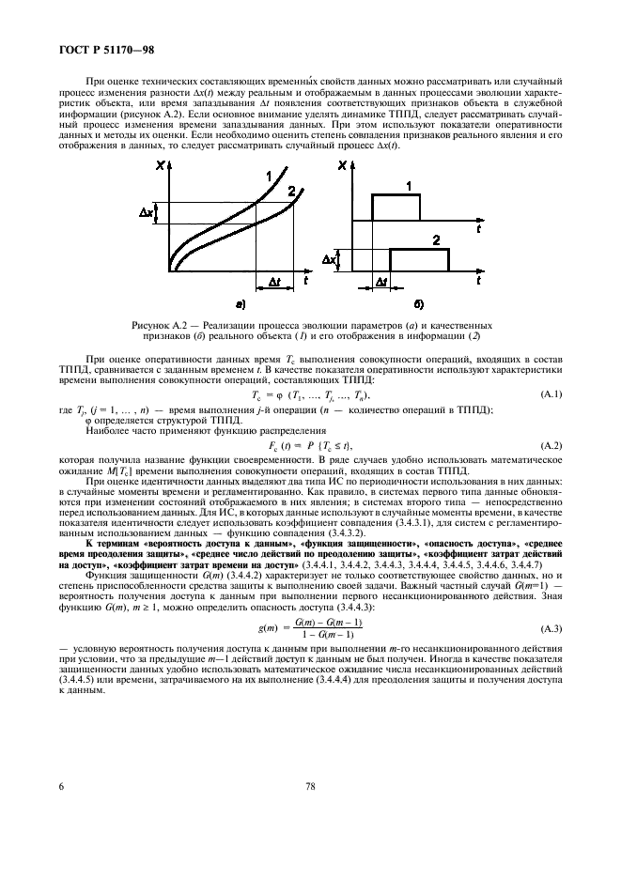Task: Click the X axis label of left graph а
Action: (163, 166)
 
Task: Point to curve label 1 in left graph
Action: (269, 175)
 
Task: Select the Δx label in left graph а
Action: (147, 214)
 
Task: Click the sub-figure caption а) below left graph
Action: (241, 304)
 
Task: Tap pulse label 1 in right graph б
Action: (408, 186)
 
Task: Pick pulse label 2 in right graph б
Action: (436, 241)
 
